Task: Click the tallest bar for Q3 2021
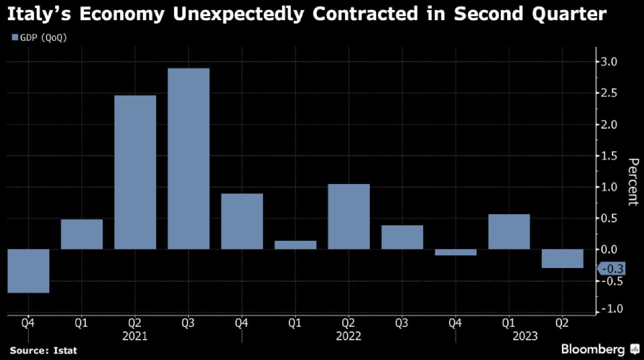click(188, 158)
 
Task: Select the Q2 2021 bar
click(135, 172)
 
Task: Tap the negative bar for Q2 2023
click(562, 258)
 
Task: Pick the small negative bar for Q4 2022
click(455, 252)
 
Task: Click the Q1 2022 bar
click(295, 245)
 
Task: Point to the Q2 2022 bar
click(349, 216)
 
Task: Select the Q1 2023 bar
click(509, 231)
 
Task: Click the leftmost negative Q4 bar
click(28, 271)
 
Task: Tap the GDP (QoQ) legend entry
click(39, 38)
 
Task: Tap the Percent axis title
click(633, 182)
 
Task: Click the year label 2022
click(348, 336)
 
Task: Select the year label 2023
click(524, 336)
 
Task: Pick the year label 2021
click(135, 336)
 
